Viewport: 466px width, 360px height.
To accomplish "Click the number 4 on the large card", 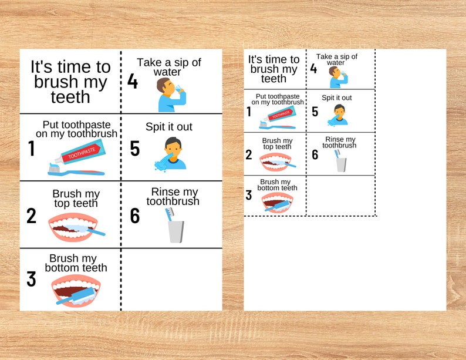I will click(133, 81).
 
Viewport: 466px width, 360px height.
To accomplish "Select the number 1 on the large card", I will click(31, 149).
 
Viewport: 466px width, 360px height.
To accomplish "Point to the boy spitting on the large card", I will click(171, 153).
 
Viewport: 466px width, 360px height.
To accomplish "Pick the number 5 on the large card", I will click(135, 149).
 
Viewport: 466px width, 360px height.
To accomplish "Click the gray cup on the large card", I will click(176, 231).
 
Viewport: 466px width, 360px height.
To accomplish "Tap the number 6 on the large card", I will click(135, 216).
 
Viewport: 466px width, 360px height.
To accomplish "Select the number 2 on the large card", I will click(31, 216).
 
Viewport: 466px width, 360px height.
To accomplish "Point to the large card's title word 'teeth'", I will click(70, 97).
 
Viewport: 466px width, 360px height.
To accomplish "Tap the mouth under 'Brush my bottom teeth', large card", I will click(76, 291).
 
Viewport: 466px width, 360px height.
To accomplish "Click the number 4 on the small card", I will click(313, 69).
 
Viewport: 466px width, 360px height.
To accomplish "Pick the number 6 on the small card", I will click(315, 154).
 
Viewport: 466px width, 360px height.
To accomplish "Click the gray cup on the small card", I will click(341, 164).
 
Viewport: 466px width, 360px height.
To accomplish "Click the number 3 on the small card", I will click(249, 196).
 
